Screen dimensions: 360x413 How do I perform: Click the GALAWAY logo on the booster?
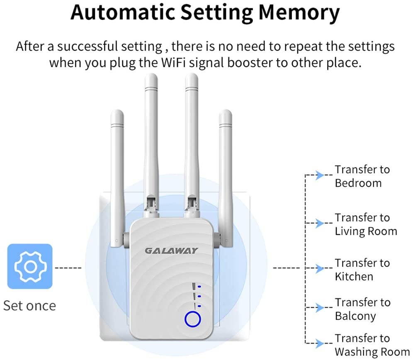[171, 251]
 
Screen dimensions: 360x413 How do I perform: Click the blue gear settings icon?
[30, 266]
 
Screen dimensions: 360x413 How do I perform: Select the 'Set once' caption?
[29, 306]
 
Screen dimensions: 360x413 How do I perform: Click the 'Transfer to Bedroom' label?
[362, 176]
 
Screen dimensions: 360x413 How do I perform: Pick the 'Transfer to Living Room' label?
[365, 224]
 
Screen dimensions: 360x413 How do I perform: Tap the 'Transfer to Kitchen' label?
[362, 270]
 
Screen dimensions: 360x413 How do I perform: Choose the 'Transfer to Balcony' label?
[362, 309]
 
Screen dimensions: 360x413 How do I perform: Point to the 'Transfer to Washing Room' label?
[372, 345]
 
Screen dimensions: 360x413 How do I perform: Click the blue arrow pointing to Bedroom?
[318, 175]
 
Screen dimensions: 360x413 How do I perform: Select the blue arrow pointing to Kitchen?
[318, 269]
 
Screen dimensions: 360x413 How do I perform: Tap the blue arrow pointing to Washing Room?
[318, 343]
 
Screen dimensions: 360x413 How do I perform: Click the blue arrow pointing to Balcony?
[318, 308]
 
